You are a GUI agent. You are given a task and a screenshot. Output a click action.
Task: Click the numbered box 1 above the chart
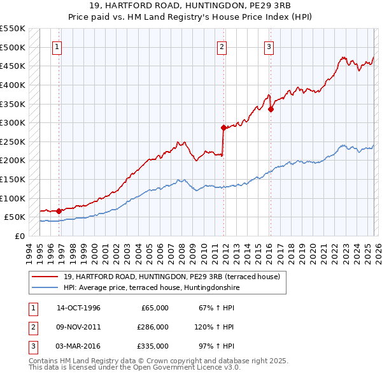(x=57, y=47)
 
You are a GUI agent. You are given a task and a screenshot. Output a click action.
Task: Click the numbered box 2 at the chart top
(x=222, y=47)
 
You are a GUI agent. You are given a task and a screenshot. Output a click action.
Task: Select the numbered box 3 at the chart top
(x=269, y=47)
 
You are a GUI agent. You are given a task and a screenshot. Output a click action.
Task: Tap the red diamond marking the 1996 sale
(x=59, y=211)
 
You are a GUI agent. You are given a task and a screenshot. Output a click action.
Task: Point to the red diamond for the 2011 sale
(x=223, y=127)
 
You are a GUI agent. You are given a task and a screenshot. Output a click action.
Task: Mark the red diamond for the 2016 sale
(x=271, y=109)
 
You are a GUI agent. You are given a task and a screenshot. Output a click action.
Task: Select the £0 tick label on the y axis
(x=19, y=236)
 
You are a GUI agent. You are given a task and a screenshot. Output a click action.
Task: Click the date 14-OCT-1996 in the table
(x=78, y=308)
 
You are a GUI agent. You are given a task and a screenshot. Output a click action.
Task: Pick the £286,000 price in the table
(x=153, y=327)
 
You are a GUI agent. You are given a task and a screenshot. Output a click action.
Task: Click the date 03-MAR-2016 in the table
(x=79, y=346)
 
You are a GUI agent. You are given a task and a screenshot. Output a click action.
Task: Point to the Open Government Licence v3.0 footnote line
(x=135, y=368)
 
